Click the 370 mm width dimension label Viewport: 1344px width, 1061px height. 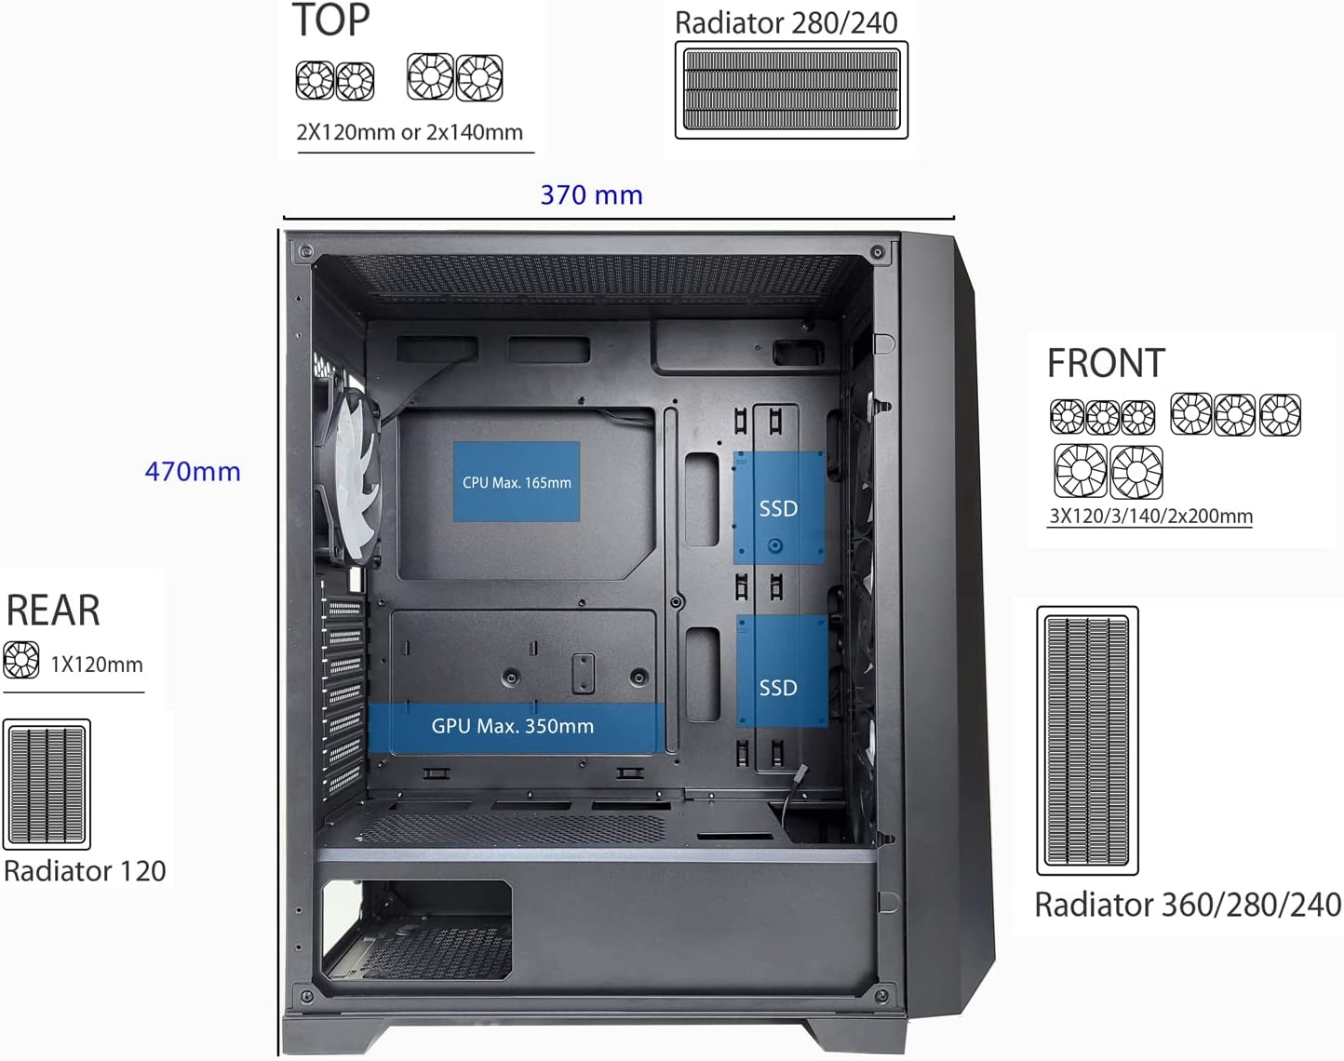point(591,195)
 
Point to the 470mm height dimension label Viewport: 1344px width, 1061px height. point(193,472)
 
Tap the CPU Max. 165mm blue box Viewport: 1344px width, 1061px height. point(517,481)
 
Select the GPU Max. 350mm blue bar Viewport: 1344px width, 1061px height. point(516,727)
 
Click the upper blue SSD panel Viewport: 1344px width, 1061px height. point(779,508)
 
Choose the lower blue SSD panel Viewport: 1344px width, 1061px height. point(782,671)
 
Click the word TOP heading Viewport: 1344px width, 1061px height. point(331,20)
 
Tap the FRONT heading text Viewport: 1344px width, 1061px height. point(1106,363)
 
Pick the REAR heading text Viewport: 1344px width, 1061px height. point(53,611)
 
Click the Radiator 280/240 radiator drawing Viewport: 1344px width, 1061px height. point(791,90)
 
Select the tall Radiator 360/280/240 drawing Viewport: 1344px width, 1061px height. point(1087,741)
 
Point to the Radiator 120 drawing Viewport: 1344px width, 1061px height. point(47,785)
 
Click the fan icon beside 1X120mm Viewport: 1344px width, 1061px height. point(21,660)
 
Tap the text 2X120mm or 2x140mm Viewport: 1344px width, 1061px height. point(410,132)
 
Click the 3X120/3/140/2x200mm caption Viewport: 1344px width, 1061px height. point(1151,517)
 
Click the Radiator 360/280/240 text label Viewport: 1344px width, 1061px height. point(1188,905)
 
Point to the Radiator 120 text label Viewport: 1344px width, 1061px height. point(85,871)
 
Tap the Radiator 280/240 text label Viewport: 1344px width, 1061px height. point(786,23)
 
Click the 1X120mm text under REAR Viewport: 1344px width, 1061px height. point(97,665)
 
